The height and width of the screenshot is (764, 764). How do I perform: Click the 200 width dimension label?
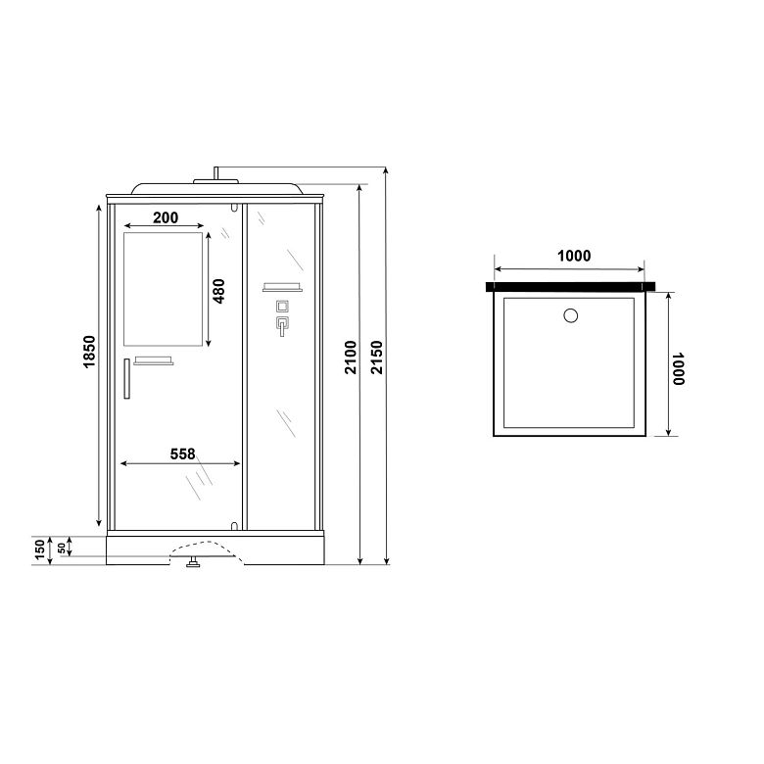coord(166,217)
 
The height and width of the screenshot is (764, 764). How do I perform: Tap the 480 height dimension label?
coord(219,291)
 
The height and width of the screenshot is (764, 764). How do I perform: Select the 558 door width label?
coord(183,454)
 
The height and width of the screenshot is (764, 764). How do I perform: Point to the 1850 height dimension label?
coord(89,352)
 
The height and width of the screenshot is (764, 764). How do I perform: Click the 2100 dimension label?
coord(351,358)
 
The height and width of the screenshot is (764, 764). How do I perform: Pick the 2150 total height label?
coord(377,358)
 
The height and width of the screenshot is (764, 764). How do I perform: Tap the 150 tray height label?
coord(40,549)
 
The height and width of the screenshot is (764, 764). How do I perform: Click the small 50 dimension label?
coord(62,549)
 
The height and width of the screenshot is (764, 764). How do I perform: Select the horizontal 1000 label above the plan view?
coord(574,256)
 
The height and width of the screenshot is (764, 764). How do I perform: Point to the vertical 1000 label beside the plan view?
coord(678,369)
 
